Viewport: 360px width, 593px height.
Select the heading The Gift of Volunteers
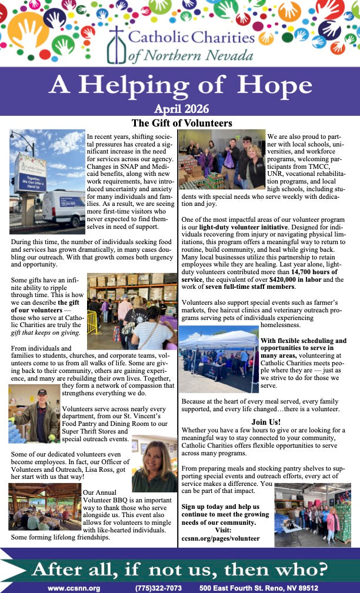(x=182, y=124)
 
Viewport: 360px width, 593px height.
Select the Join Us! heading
(x=266, y=422)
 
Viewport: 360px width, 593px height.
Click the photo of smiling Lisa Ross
(x=155, y=464)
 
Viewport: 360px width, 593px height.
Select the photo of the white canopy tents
(x=219, y=361)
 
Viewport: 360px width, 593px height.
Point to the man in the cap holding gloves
(x=34, y=413)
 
